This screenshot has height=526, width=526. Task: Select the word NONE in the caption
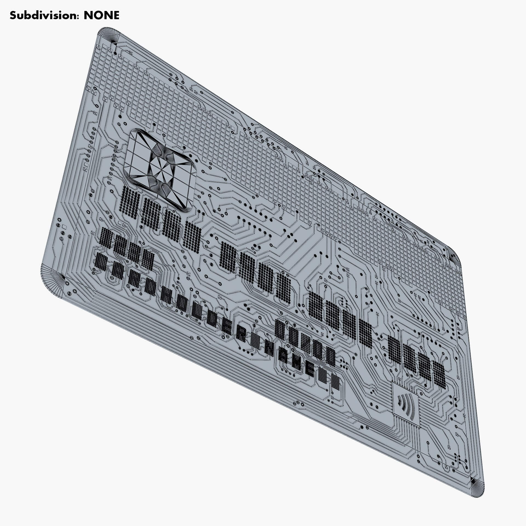click(101, 15)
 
